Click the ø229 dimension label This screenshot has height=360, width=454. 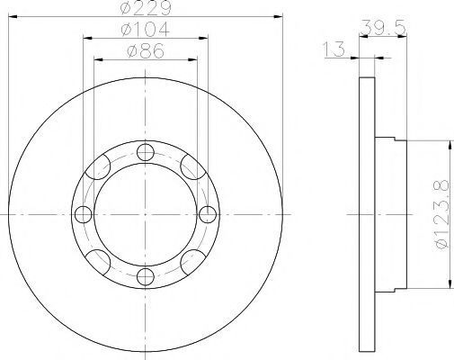[x=146, y=7]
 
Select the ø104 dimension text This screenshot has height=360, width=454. [x=146, y=29]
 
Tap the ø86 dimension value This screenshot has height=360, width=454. [x=146, y=50]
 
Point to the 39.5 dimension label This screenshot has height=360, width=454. [x=383, y=27]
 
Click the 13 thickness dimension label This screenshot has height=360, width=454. [x=334, y=49]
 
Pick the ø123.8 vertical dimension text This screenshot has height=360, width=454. [x=442, y=214]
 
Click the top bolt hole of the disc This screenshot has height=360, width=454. [x=146, y=152]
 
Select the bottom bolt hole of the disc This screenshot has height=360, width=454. [x=146, y=276]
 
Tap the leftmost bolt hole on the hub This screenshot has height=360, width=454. [x=83, y=214]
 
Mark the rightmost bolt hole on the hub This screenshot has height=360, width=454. [x=208, y=214]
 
